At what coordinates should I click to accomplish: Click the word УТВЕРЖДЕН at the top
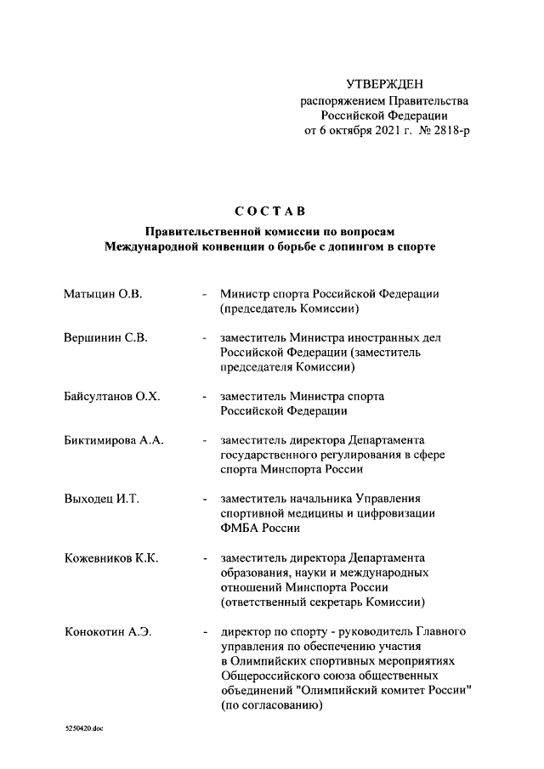coord(384,83)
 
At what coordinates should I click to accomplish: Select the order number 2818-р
coord(450,131)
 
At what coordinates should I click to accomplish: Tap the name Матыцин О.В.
coord(103,294)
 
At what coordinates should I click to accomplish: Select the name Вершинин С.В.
coord(106,338)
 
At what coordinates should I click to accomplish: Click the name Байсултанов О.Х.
coord(112,397)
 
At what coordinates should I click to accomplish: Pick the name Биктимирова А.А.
coord(114,441)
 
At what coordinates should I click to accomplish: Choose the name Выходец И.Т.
coord(102,499)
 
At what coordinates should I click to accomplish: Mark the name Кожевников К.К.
coord(111,558)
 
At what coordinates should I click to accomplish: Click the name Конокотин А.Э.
coord(108,631)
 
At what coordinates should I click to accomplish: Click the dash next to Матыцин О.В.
coord(204,295)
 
